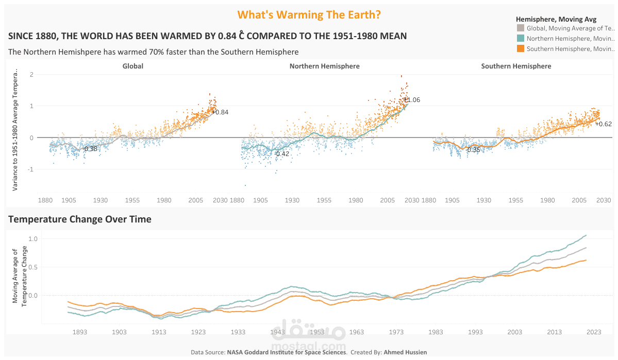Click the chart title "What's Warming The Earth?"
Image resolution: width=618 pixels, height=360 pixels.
[309, 14]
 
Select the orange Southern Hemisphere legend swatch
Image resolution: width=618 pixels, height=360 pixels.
[520, 48]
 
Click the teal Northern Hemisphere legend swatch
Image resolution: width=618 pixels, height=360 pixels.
[520, 38]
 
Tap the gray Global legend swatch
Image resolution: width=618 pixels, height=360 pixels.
[520, 28]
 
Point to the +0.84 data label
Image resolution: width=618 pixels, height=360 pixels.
[220, 112]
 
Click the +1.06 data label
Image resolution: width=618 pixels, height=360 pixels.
[412, 100]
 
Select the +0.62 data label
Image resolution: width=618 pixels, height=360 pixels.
[604, 124]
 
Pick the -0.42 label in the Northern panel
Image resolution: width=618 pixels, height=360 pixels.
[282, 153]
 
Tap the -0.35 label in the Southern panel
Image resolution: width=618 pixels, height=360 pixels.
[473, 150]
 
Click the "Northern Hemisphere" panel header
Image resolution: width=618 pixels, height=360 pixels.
[325, 66]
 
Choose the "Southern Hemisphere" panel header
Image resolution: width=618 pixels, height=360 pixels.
[516, 66]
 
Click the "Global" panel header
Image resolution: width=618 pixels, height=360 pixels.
[133, 66]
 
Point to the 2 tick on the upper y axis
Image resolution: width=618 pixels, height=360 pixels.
[31, 75]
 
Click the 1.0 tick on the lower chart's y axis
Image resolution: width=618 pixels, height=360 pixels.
[33, 238]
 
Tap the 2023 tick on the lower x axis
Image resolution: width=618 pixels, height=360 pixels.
[594, 333]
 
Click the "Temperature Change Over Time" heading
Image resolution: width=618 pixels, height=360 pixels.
[80, 219]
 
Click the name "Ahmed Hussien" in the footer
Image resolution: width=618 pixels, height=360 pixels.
[405, 352]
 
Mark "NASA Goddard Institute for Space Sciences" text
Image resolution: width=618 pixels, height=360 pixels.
[286, 352]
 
